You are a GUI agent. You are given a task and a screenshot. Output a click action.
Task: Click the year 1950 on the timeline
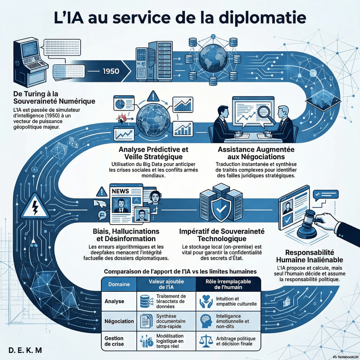pyautogui.click(x=111, y=71)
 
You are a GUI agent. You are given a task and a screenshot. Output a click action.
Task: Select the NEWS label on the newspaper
pyautogui.click(x=121, y=191)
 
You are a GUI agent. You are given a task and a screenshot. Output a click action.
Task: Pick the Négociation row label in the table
pyautogui.click(x=119, y=321)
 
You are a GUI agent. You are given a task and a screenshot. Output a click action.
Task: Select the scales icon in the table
pyautogui.click(x=205, y=340)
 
